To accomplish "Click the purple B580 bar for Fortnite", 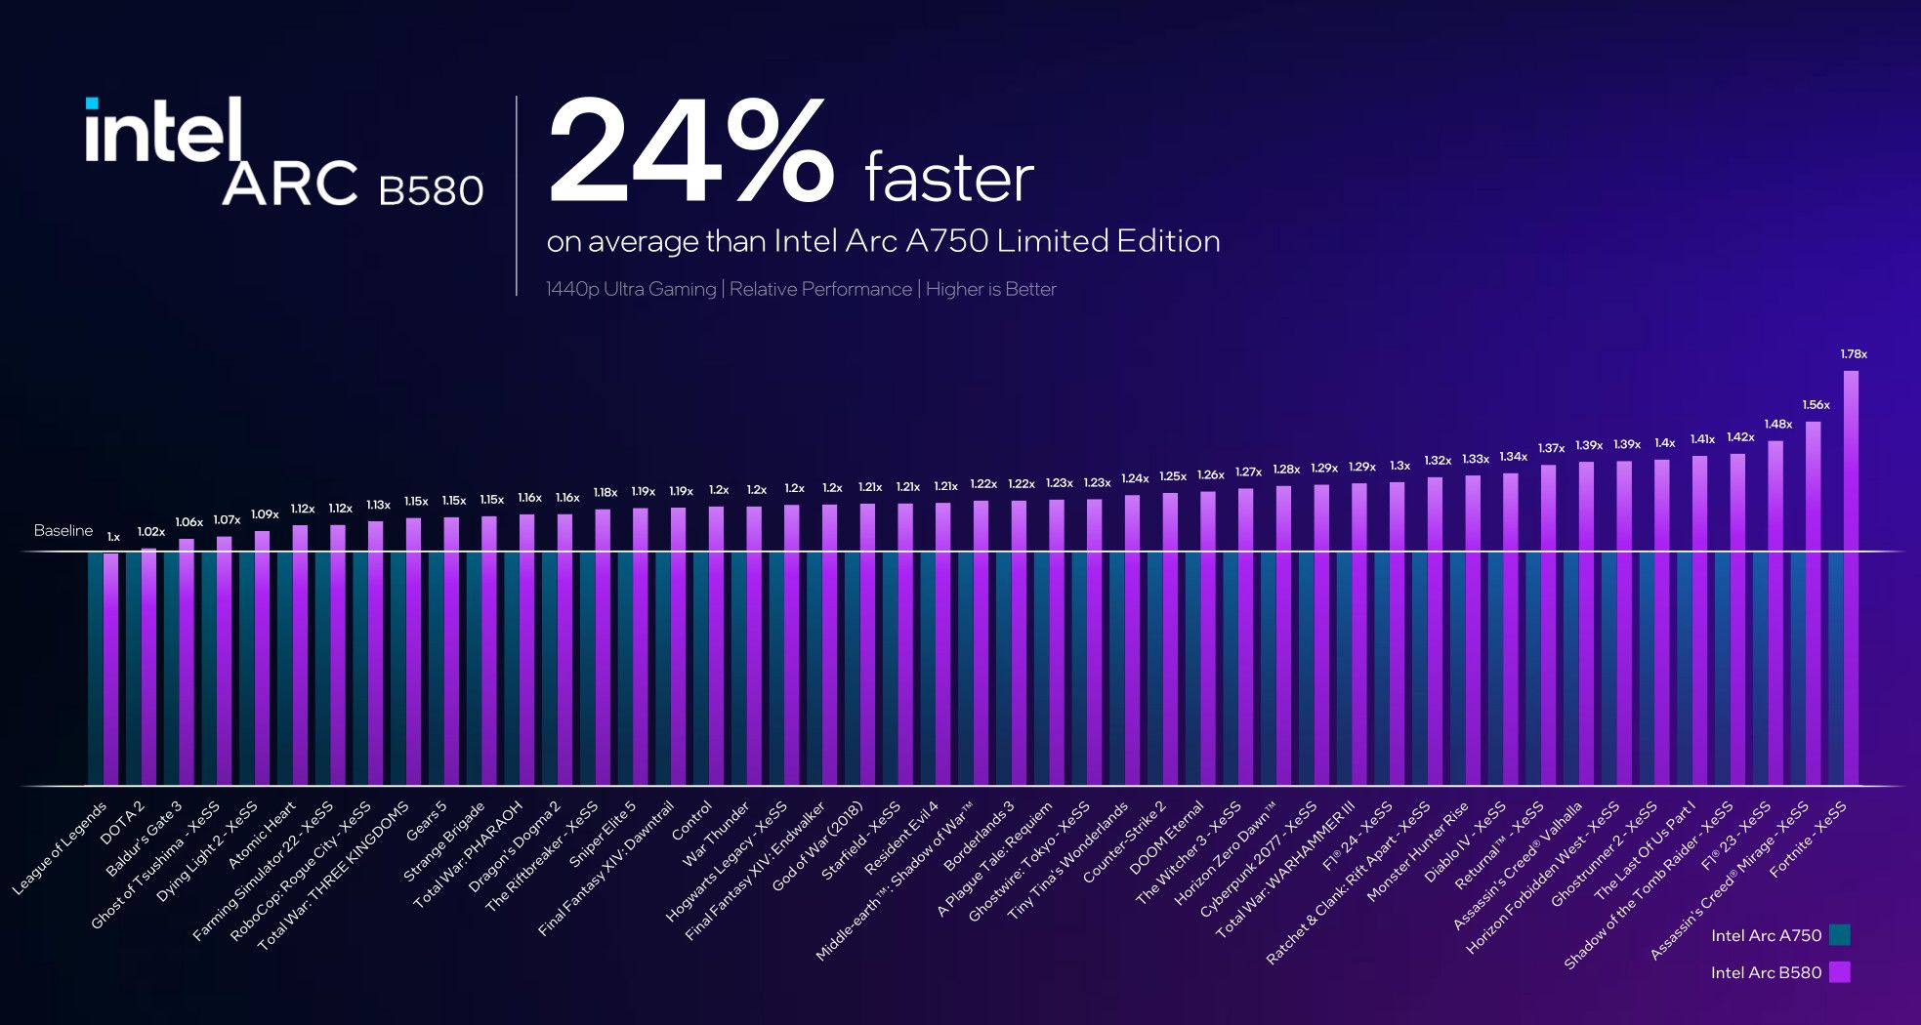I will tap(1850, 576).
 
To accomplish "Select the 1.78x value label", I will tap(1853, 354).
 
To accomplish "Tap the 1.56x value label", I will tap(1816, 405).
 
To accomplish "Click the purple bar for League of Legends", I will tap(110, 669).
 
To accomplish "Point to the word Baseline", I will tap(63, 531).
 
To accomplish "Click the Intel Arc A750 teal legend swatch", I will tap(1840, 935).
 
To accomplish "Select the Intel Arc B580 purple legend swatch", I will tap(1840, 972).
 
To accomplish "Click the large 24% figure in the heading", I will tap(690, 154).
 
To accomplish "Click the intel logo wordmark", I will tap(163, 130).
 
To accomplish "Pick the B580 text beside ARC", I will tap(431, 190).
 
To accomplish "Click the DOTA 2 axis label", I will tap(124, 823).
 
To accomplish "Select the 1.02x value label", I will tap(150, 532).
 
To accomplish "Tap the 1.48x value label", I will tap(1777, 425).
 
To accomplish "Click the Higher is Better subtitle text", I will tap(990, 289).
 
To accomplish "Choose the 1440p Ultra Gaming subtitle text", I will tap(631, 289).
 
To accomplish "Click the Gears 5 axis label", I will tap(427, 821).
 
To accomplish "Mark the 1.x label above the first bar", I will tap(113, 537).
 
